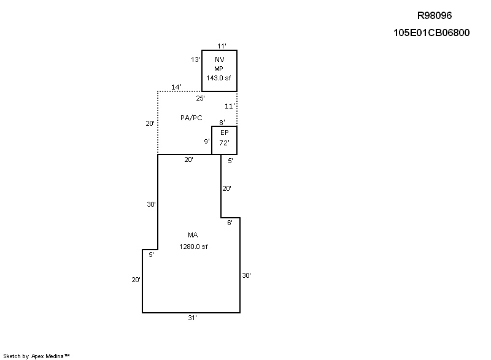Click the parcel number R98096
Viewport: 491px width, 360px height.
[x=435, y=15]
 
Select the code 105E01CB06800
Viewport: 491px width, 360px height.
[x=431, y=33]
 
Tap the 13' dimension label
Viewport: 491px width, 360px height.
[x=195, y=59]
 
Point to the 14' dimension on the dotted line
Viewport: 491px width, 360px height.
[x=176, y=87]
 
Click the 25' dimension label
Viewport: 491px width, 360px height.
[x=201, y=98]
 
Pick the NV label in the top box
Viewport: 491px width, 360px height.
[x=220, y=59]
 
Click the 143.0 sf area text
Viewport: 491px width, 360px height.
[x=218, y=78]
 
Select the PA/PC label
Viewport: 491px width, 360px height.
[x=191, y=118]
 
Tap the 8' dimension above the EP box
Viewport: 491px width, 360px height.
[x=222, y=122]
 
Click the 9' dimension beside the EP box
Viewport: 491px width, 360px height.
[x=207, y=142]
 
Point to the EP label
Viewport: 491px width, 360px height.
[x=225, y=132]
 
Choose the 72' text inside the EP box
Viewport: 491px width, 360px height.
[x=224, y=143]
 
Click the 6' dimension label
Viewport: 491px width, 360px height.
[x=230, y=223]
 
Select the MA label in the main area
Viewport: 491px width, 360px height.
[x=193, y=236]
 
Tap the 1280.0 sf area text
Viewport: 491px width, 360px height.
[x=193, y=247]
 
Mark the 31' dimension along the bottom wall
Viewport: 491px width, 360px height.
[x=192, y=318]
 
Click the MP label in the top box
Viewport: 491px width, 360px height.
[x=218, y=69]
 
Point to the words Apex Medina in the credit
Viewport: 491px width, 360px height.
[x=48, y=356]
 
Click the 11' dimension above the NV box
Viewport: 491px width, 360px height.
[x=222, y=46]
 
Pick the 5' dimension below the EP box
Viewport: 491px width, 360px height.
[x=230, y=161]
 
